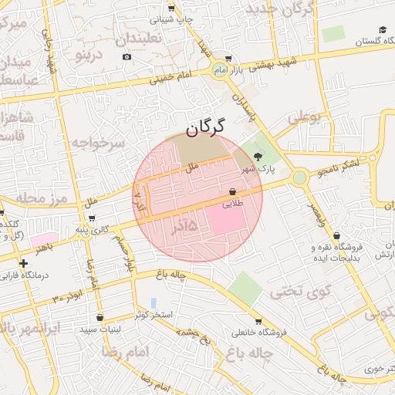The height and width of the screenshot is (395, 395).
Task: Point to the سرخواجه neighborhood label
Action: pyautogui.click(x=98, y=143)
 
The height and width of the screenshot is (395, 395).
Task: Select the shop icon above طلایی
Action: pyautogui.click(x=232, y=191)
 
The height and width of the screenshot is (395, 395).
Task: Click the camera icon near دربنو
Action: pyautogui.click(x=127, y=56)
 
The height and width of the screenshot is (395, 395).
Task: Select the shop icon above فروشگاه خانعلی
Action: pyautogui.click(x=258, y=321)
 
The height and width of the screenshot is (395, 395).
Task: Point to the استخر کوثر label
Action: pyautogui.click(x=155, y=316)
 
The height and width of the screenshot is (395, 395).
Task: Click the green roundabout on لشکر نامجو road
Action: pyautogui.click(x=299, y=177)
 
